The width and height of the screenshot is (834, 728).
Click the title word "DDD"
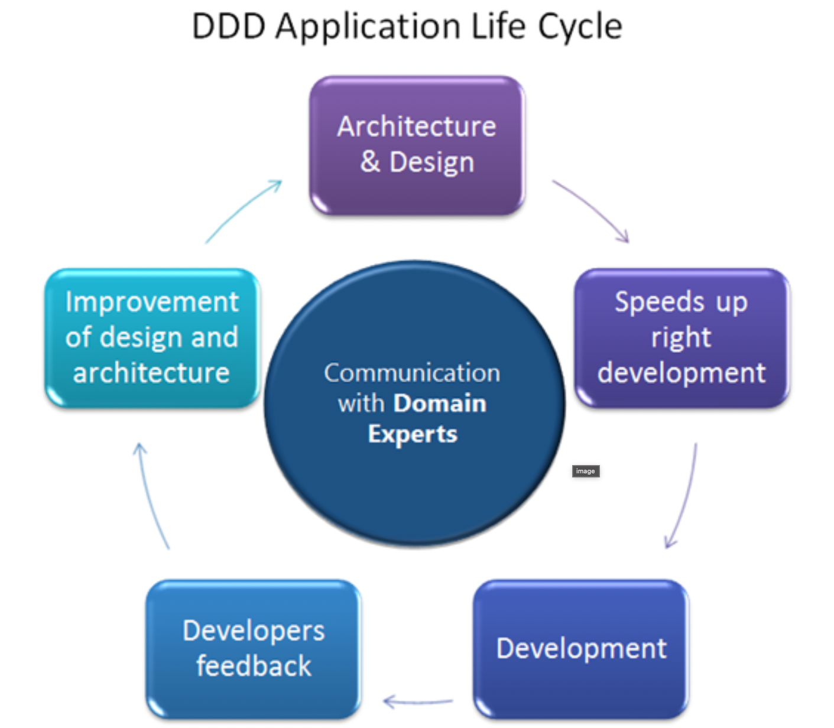pos(229,27)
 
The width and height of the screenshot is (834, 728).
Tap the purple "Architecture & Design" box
pos(417,145)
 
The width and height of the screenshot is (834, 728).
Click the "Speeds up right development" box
pos(682,337)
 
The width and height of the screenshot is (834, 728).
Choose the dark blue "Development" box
pos(581,648)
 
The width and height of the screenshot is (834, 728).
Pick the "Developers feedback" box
pos(254,648)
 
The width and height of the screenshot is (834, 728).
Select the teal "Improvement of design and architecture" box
pos(152,337)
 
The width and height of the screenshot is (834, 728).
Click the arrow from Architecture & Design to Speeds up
pos(592,210)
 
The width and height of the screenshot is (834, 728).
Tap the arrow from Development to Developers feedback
pos(418,702)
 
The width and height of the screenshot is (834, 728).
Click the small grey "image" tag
pos(585,471)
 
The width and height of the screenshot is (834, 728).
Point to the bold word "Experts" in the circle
pos(413,434)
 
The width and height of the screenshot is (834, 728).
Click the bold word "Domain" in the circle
pos(440,404)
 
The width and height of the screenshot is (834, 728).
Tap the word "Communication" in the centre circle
pos(412,373)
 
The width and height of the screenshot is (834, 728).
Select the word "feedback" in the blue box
pos(254,666)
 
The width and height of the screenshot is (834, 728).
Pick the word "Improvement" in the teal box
pos(152,302)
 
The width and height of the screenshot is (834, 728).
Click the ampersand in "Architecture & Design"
pos(370,162)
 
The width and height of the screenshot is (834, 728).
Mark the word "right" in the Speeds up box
pos(681,337)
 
